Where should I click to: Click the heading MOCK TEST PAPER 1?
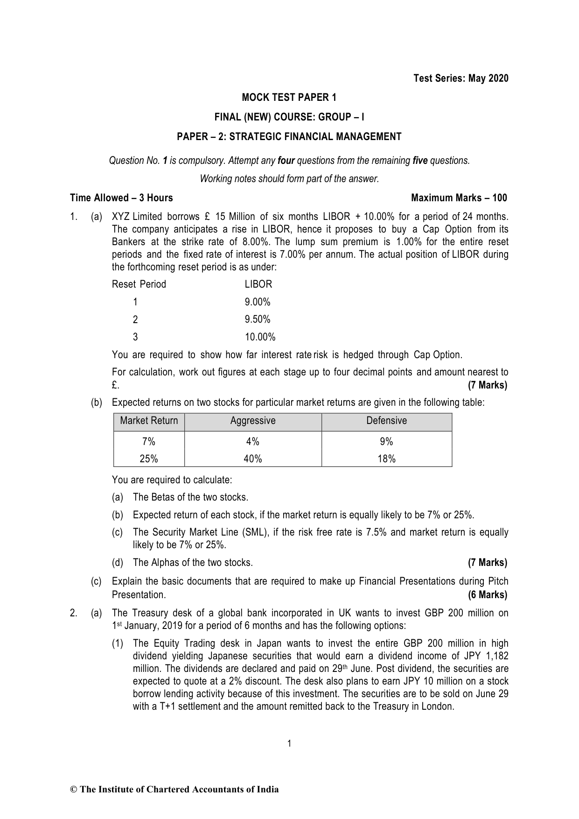[x=289, y=98]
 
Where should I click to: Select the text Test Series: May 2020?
[x=460, y=78]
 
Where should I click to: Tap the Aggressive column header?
[x=253, y=421]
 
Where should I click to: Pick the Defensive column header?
[x=386, y=421]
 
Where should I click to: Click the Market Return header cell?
[x=149, y=421]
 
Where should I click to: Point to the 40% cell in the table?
[x=253, y=459]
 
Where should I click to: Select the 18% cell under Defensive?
[x=386, y=459]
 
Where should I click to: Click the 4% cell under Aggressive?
[x=253, y=442]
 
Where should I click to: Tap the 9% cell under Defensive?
[x=386, y=442]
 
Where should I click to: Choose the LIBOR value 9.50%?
[x=258, y=320]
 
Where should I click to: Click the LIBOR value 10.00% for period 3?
[x=260, y=337]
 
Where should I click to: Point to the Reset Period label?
[x=139, y=284]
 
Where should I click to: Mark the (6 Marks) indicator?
[x=487, y=595]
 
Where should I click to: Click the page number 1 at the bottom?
[x=289, y=744]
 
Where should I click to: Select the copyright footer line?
[x=174, y=790]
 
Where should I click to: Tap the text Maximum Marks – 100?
[x=459, y=198]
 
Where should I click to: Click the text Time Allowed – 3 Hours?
[x=121, y=198]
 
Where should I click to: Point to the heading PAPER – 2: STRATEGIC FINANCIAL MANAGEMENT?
[x=289, y=137]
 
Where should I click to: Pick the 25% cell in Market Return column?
[x=149, y=459]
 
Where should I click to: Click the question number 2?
[x=73, y=613]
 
